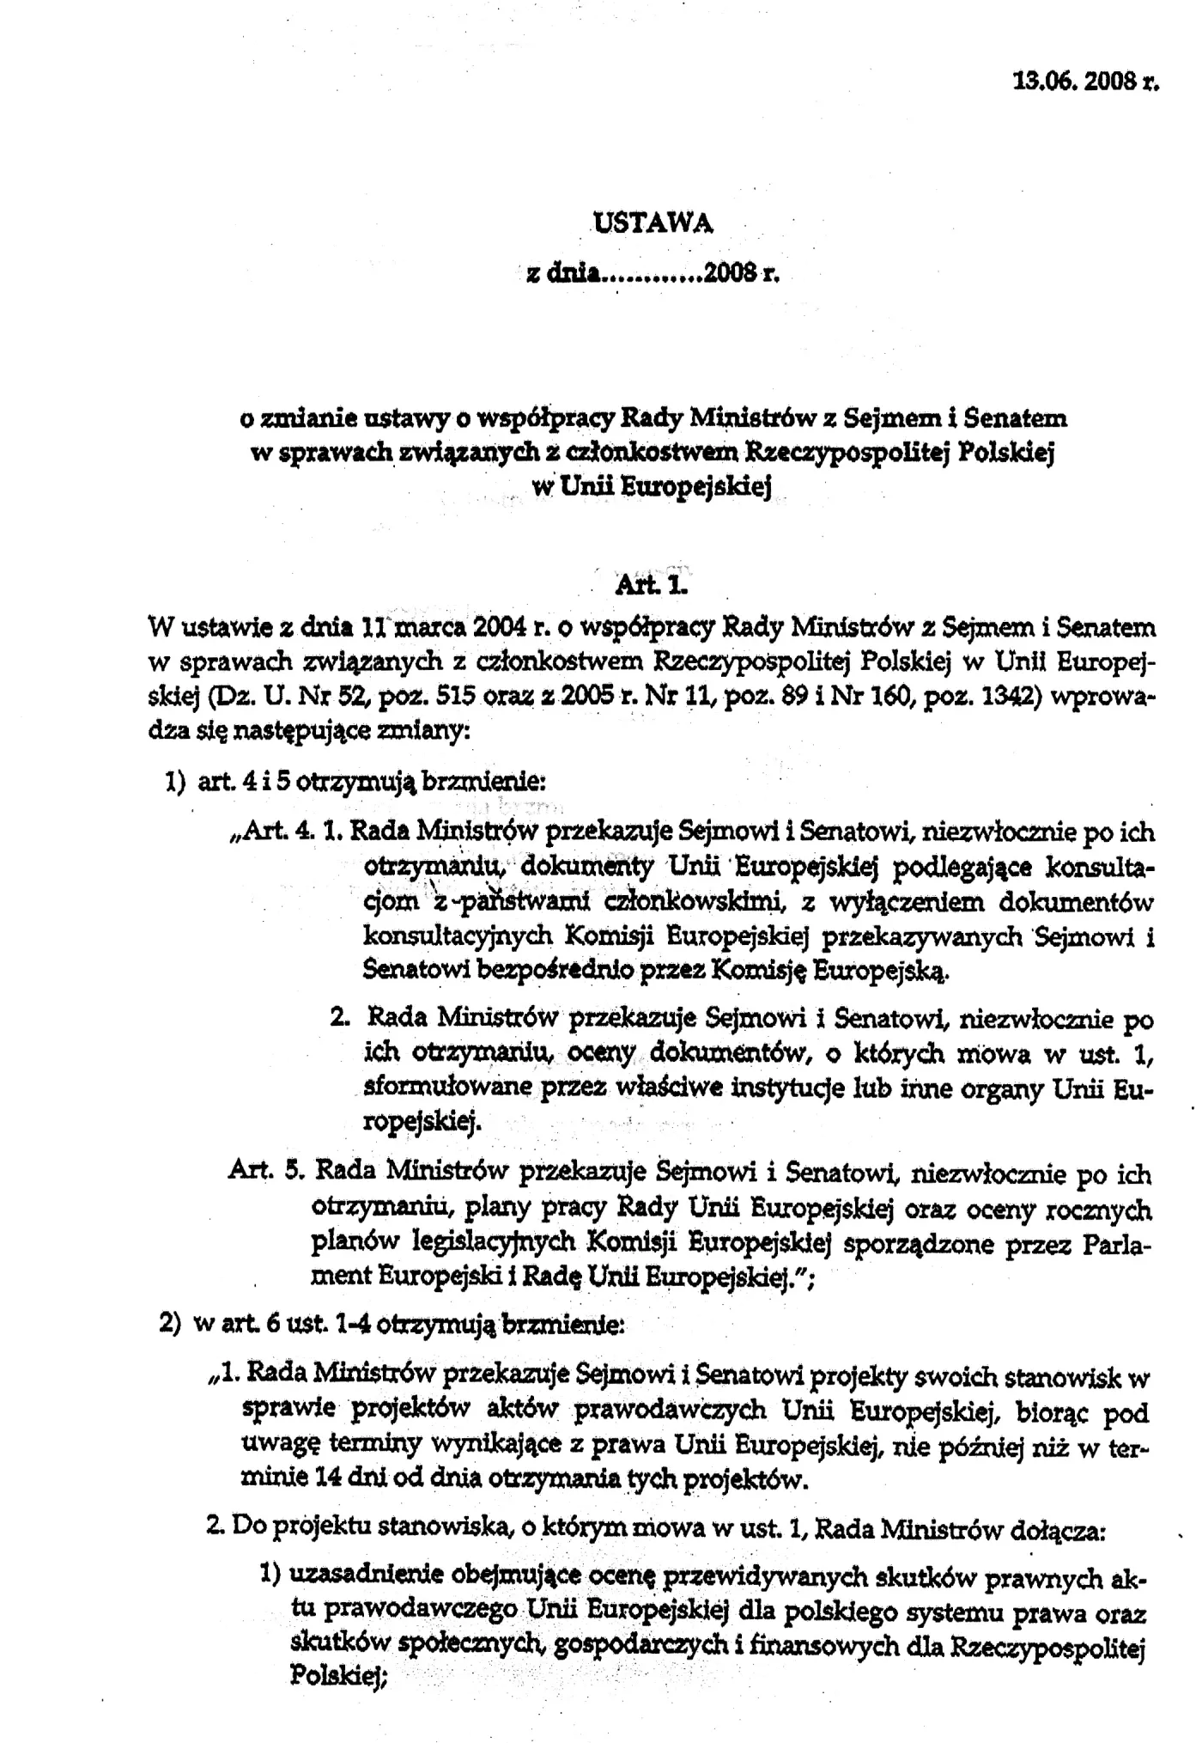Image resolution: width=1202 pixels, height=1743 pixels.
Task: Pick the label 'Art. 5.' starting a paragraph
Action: (265, 1171)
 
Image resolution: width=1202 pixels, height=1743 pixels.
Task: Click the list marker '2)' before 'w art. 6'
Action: (171, 1323)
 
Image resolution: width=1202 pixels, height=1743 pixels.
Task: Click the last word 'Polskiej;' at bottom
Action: (340, 1674)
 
